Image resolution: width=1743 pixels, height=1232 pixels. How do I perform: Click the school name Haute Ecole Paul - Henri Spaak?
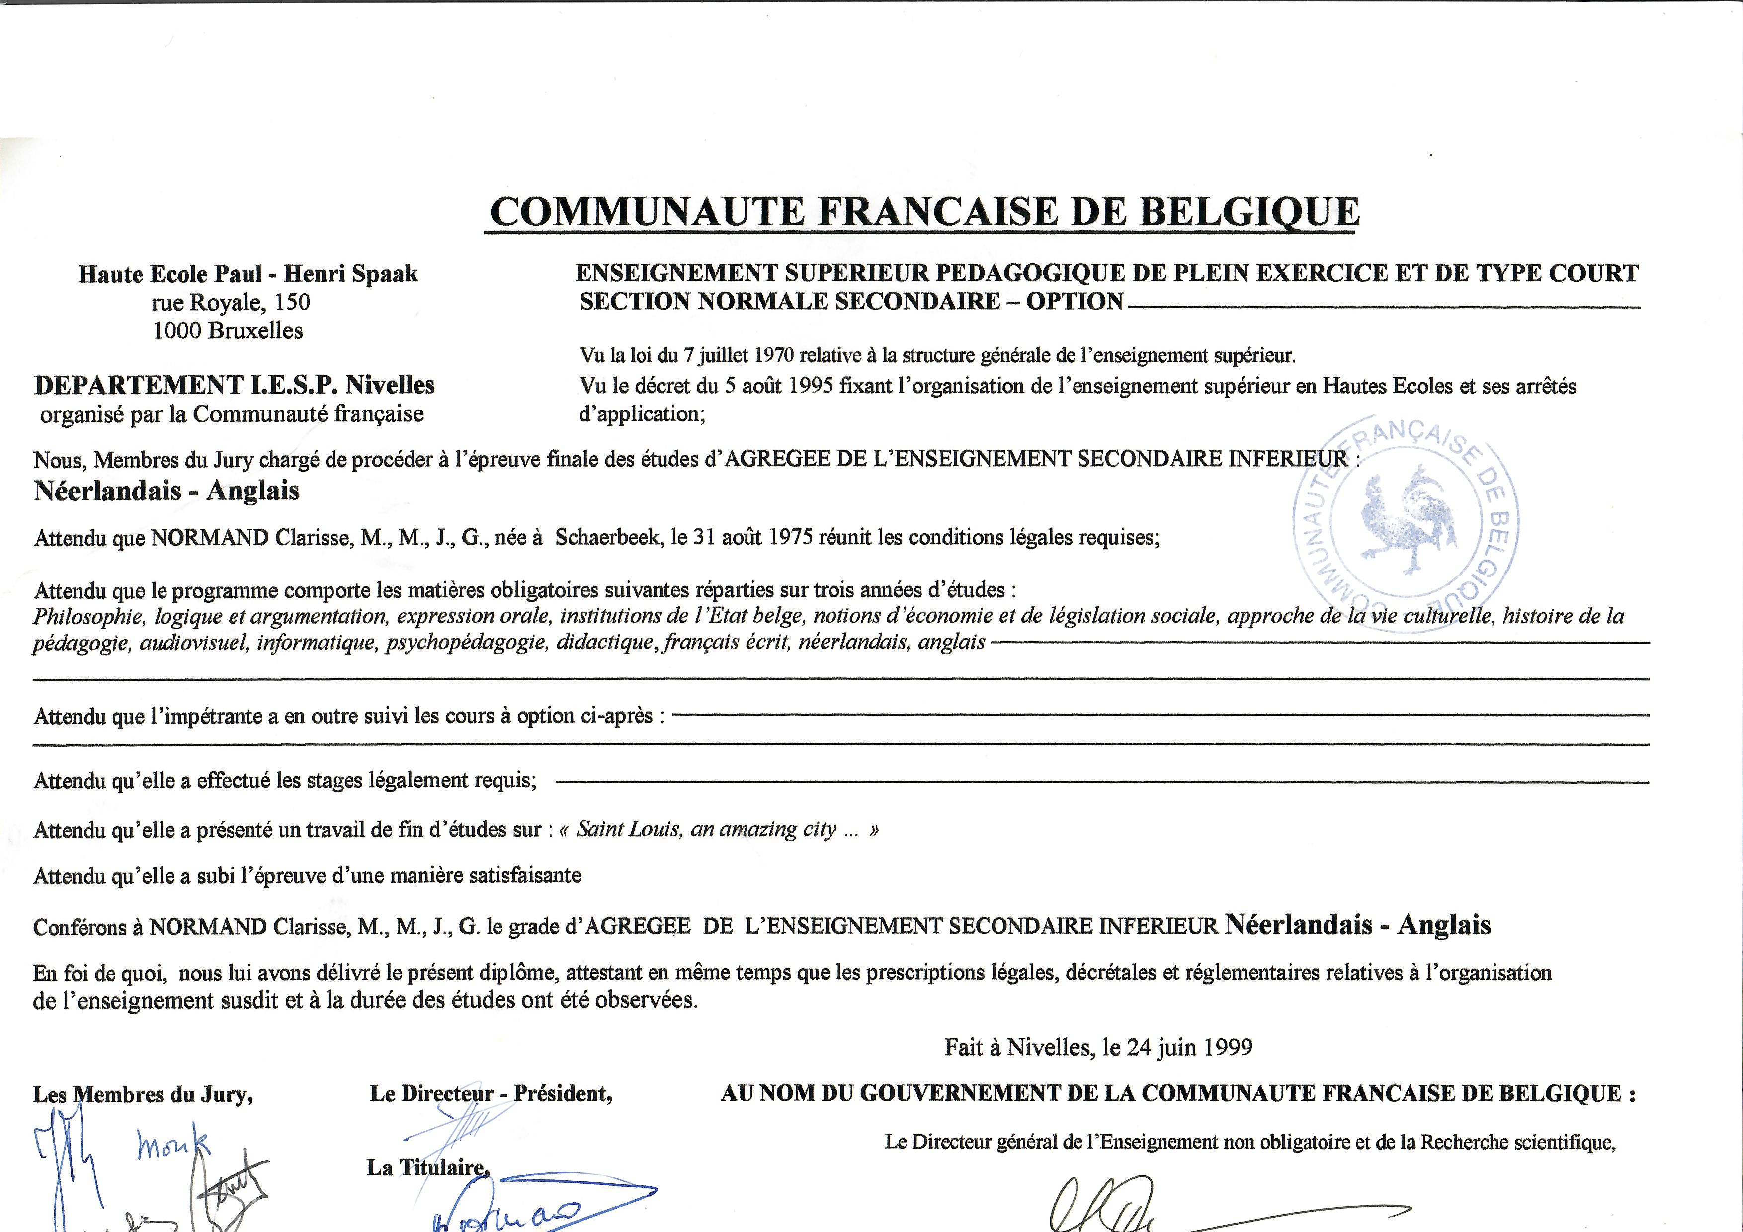pyautogui.click(x=248, y=274)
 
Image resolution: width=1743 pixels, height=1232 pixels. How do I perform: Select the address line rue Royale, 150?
pyautogui.click(x=231, y=302)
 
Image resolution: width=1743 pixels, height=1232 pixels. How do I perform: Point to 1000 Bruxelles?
pyautogui.click(x=228, y=331)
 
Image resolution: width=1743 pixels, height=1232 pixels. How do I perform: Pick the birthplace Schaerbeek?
pyautogui.click(x=609, y=537)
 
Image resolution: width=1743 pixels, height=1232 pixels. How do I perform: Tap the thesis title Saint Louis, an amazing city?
pyautogui.click(x=706, y=829)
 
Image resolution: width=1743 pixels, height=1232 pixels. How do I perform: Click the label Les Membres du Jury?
pyautogui.click(x=142, y=1095)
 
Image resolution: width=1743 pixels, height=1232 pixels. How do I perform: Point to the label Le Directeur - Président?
pyautogui.click(x=491, y=1094)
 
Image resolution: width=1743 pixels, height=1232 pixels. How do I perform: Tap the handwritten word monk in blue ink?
pyautogui.click(x=172, y=1144)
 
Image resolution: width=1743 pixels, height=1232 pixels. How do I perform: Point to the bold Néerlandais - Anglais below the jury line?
pyautogui.click(x=166, y=491)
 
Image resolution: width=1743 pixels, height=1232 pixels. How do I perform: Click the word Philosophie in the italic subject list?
pyautogui.click(x=88, y=616)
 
